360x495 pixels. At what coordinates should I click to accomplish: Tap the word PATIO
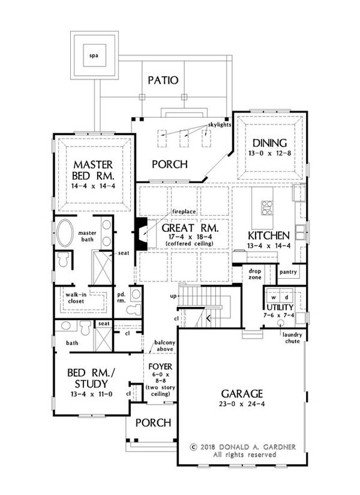point(164,81)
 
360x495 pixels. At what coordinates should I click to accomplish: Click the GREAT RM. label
point(190,229)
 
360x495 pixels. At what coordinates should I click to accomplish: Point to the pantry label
point(289,273)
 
